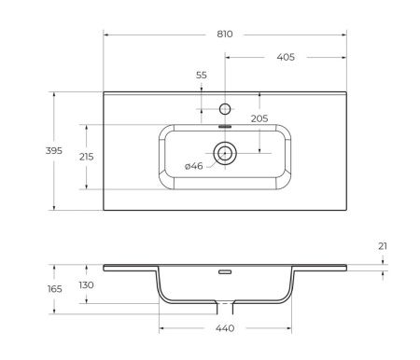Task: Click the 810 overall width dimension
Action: click(224, 34)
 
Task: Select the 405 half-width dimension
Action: click(286, 57)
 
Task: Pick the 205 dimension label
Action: click(259, 118)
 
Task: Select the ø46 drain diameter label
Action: click(194, 166)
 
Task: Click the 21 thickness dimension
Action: click(384, 246)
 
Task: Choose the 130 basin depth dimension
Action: click(86, 285)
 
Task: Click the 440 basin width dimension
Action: click(225, 328)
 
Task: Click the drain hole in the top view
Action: click(225, 151)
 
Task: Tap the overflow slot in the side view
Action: click(225, 272)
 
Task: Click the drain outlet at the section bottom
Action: click(225, 307)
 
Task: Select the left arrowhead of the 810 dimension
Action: click(105, 35)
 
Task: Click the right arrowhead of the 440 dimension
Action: click(289, 329)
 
